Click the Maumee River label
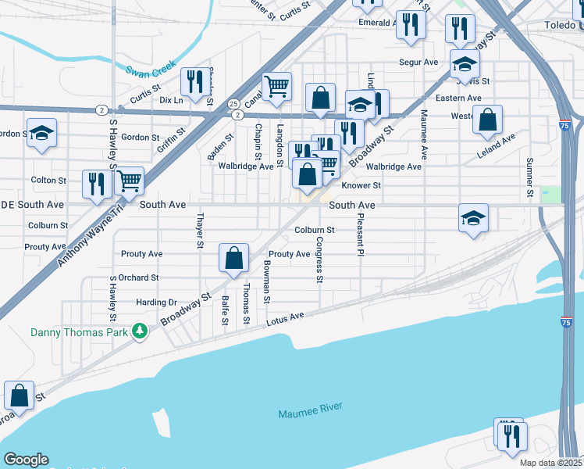310,412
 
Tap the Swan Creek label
151,71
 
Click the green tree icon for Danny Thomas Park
140,331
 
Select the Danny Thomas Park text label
80,331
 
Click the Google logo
25,460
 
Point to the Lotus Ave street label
285,317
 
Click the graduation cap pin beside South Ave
473,219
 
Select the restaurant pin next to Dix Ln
193,81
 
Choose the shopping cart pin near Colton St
129,181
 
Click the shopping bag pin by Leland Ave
487,121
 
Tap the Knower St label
361,185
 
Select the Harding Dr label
157,303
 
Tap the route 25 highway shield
233,103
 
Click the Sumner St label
529,177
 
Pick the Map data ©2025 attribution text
550,463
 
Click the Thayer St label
200,231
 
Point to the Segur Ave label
418,62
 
